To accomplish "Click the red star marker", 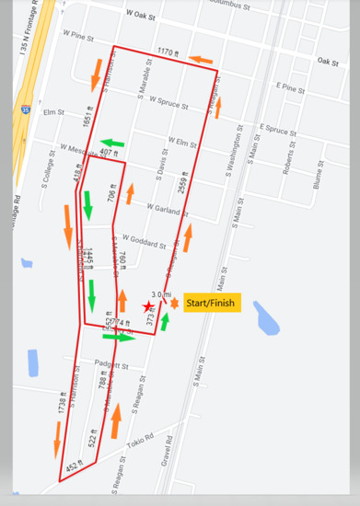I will (148, 306).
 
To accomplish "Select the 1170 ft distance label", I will (167, 52).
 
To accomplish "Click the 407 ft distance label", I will (110, 153).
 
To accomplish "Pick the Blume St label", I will (316, 177).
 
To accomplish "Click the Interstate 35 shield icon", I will (24, 109).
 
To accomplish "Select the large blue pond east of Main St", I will (266, 318).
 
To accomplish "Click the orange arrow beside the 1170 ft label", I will (201, 60).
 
